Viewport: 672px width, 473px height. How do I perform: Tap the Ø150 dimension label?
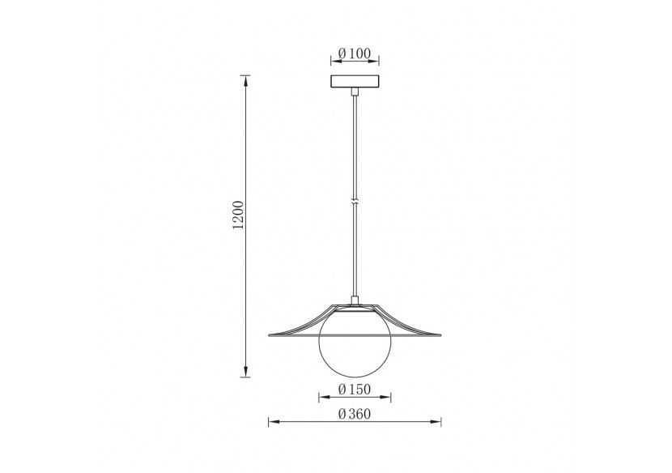(355, 390)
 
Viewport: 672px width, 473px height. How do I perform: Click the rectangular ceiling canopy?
(355, 83)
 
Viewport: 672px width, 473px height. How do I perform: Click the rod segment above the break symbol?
(355, 146)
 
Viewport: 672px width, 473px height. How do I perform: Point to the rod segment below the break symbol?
(355, 251)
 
